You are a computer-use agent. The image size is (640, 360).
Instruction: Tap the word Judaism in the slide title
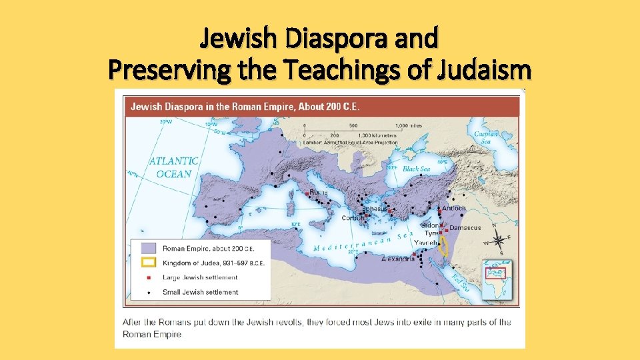coord(484,70)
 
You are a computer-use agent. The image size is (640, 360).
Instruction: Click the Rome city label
coord(318,193)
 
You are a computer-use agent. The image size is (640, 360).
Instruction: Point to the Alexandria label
coord(399,259)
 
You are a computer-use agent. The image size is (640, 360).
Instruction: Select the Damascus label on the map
coord(465,228)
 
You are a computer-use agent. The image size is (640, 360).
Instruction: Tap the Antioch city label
coord(454,208)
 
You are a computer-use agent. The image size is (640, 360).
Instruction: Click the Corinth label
coord(353,218)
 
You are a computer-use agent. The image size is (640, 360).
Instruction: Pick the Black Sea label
coord(417,169)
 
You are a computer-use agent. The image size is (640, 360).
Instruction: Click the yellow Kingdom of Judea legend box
coord(148,263)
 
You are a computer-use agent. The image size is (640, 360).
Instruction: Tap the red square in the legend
coord(148,277)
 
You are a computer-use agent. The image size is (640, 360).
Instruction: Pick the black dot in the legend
coord(148,292)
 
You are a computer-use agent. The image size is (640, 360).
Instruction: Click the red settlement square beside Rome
coord(307,193)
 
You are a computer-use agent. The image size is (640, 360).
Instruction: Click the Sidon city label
coord(430,225)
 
